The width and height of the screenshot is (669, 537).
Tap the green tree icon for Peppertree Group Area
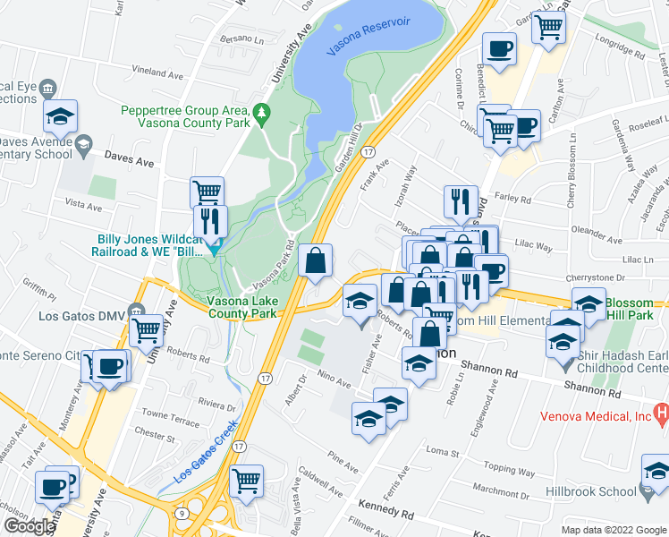coord(262,113)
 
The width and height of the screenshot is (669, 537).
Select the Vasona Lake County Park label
coord(242,309)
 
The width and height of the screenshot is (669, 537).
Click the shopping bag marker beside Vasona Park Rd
coord(316,262)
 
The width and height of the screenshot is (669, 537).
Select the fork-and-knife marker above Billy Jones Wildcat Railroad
coord(210,223)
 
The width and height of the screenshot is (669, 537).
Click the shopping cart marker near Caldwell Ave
coord(246,481)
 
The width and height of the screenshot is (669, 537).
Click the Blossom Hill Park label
coord(637,309)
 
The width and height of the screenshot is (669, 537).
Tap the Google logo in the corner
coord(29,526)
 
